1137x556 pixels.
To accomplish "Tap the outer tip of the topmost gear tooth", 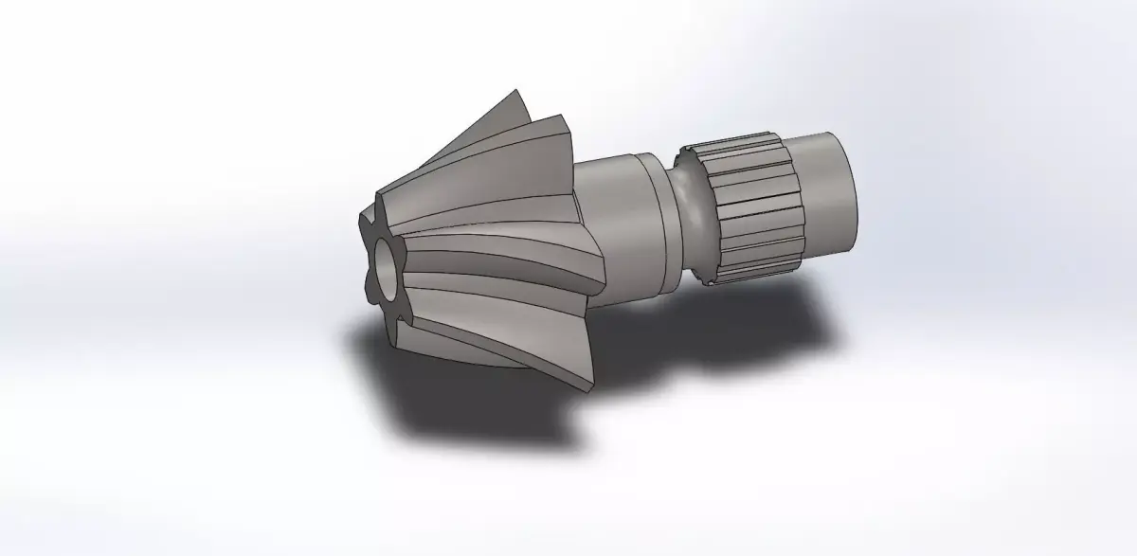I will click(517, 92).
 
